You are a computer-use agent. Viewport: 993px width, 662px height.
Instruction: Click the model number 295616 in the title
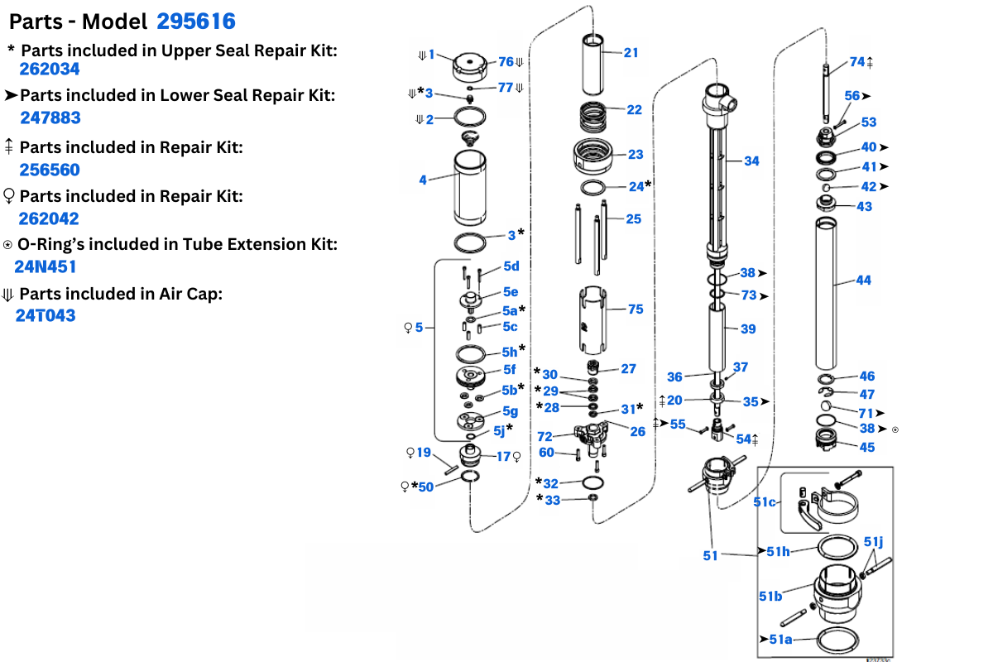point(196,22)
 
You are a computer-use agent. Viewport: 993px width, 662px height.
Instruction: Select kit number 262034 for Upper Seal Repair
point(50,70)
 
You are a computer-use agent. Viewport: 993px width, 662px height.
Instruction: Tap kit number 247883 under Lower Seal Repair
point(50,118)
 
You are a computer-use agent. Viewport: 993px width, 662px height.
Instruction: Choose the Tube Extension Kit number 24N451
point(45,267)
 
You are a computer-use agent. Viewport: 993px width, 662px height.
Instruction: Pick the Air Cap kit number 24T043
point(46,315)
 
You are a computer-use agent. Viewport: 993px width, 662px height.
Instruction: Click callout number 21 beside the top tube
point(631,53)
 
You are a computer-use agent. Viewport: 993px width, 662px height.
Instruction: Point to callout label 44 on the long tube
point(863,281)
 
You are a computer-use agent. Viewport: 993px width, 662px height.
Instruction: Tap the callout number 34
point(751,161)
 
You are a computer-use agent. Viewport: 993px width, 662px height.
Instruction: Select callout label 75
point(636,309)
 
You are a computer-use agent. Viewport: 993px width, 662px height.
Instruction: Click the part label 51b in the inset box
point(770,596)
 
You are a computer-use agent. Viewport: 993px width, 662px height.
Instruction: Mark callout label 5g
point(510,411)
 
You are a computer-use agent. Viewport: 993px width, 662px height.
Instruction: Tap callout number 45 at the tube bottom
point(866,448)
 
